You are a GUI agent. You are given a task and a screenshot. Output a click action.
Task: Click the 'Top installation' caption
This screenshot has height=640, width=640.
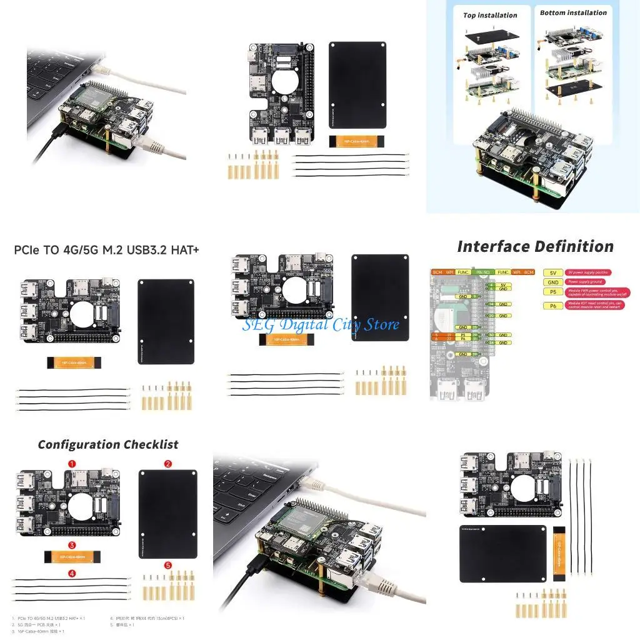click(x=490, y=15)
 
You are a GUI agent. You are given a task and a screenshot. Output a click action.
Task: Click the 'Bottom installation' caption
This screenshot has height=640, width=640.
click(x=573, y=12)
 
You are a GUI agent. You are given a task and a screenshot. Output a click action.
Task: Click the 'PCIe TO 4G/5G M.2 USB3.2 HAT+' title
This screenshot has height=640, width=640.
click(x=106, y=251)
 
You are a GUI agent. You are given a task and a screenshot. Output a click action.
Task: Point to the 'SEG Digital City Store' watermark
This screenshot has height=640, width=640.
click(x=321, y=324)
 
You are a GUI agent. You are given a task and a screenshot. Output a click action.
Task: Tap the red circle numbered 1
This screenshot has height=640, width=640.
click(x=72, y=464)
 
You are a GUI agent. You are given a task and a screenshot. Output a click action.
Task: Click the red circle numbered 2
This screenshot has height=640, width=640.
click(x=167, y=464)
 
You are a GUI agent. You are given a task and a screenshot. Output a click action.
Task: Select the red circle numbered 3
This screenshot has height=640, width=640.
click(x=72, y=544)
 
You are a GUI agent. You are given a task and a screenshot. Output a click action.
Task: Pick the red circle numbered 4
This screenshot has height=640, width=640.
click(x=72, y=572)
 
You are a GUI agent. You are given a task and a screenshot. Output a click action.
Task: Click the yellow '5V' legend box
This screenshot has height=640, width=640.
click(x=552, y=272)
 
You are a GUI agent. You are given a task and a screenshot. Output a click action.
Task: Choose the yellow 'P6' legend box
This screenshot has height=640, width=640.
click(x=552, y=306)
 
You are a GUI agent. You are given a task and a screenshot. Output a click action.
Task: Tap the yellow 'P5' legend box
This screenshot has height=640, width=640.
click(x=552, y=292)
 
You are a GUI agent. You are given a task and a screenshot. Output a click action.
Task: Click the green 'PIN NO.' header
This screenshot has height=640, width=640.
click(x=482, y=272)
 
